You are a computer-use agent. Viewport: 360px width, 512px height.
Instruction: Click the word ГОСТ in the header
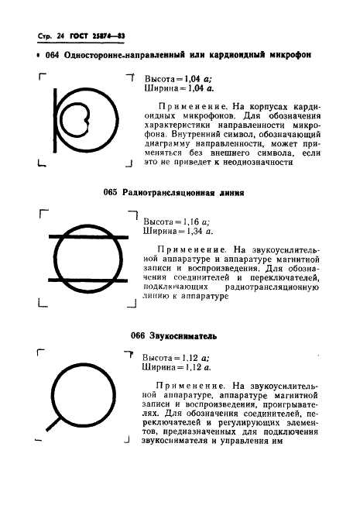[x=80, y=36]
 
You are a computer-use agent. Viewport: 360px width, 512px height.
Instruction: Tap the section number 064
[x=53, y=56]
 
